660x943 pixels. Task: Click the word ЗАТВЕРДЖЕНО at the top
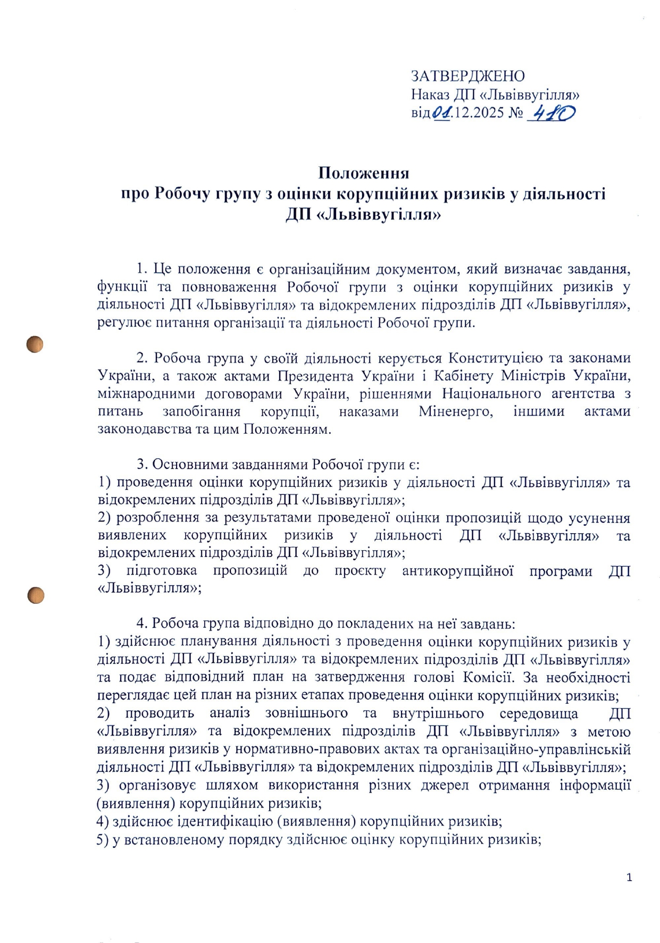(x=467, y=76)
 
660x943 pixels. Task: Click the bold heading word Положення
(x=363, y=173)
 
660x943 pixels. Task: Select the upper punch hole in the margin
(x=35, y=344)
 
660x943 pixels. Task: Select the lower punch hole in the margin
(x=36, y=595)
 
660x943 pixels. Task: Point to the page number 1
(x=630, y=878)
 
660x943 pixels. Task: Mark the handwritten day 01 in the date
(x=441, y=113)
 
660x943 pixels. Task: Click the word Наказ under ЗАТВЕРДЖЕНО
(x=430, y=95)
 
